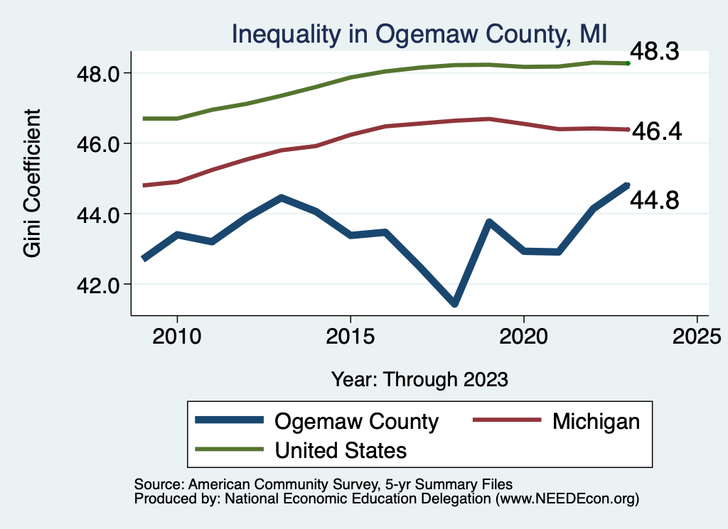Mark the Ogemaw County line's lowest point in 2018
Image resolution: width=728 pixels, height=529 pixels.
tap(454, 304)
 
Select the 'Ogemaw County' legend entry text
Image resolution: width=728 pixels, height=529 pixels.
tap(356, 421)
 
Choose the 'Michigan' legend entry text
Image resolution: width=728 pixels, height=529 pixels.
tap(596, 421)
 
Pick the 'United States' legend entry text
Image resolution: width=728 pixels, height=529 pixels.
tap(341, 450)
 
